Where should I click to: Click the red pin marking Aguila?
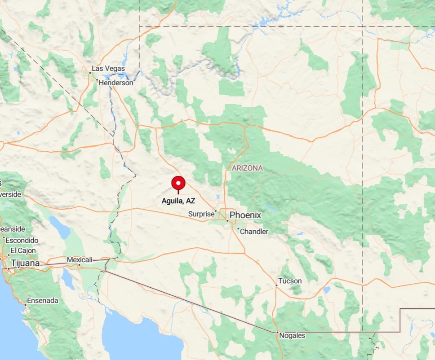(x=178, y=183)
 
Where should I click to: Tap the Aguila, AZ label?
(x=178, y=201)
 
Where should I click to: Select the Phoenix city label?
(x=245, y=215)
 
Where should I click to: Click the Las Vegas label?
(x=108, y=69)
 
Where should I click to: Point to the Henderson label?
(x=116, y=83)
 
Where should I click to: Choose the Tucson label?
(x=290, y=281)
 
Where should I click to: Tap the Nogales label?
(x=292, y=335)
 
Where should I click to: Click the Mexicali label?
(x=79, y=259)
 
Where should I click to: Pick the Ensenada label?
(x=43, y=300)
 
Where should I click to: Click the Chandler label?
(x=254, y=232)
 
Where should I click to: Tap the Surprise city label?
(x=201, y=214)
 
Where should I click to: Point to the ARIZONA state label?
(x=247, y=168)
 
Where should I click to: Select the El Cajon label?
(x=23, y=250)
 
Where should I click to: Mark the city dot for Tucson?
(x=276, y=285)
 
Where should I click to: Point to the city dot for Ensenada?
(x=25, y=305)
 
